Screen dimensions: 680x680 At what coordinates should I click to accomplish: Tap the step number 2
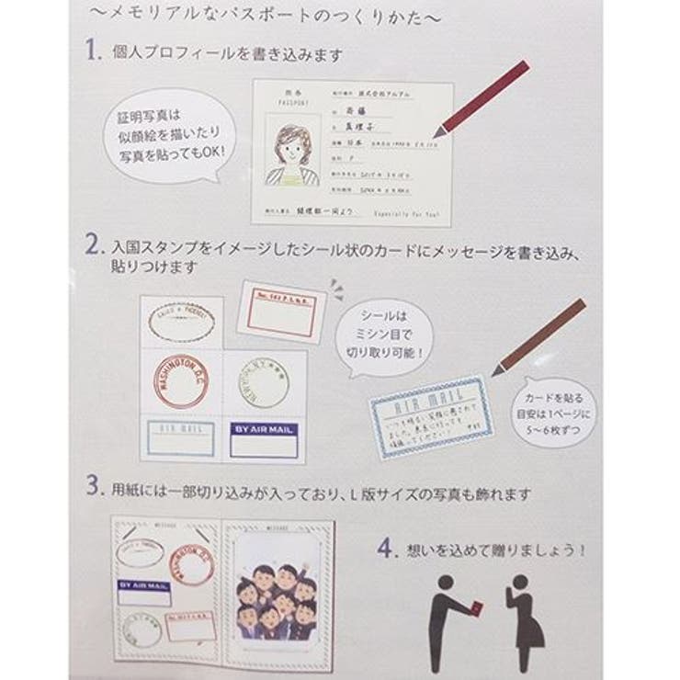[94, 247]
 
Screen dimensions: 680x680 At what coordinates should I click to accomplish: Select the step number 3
[93, 486]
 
